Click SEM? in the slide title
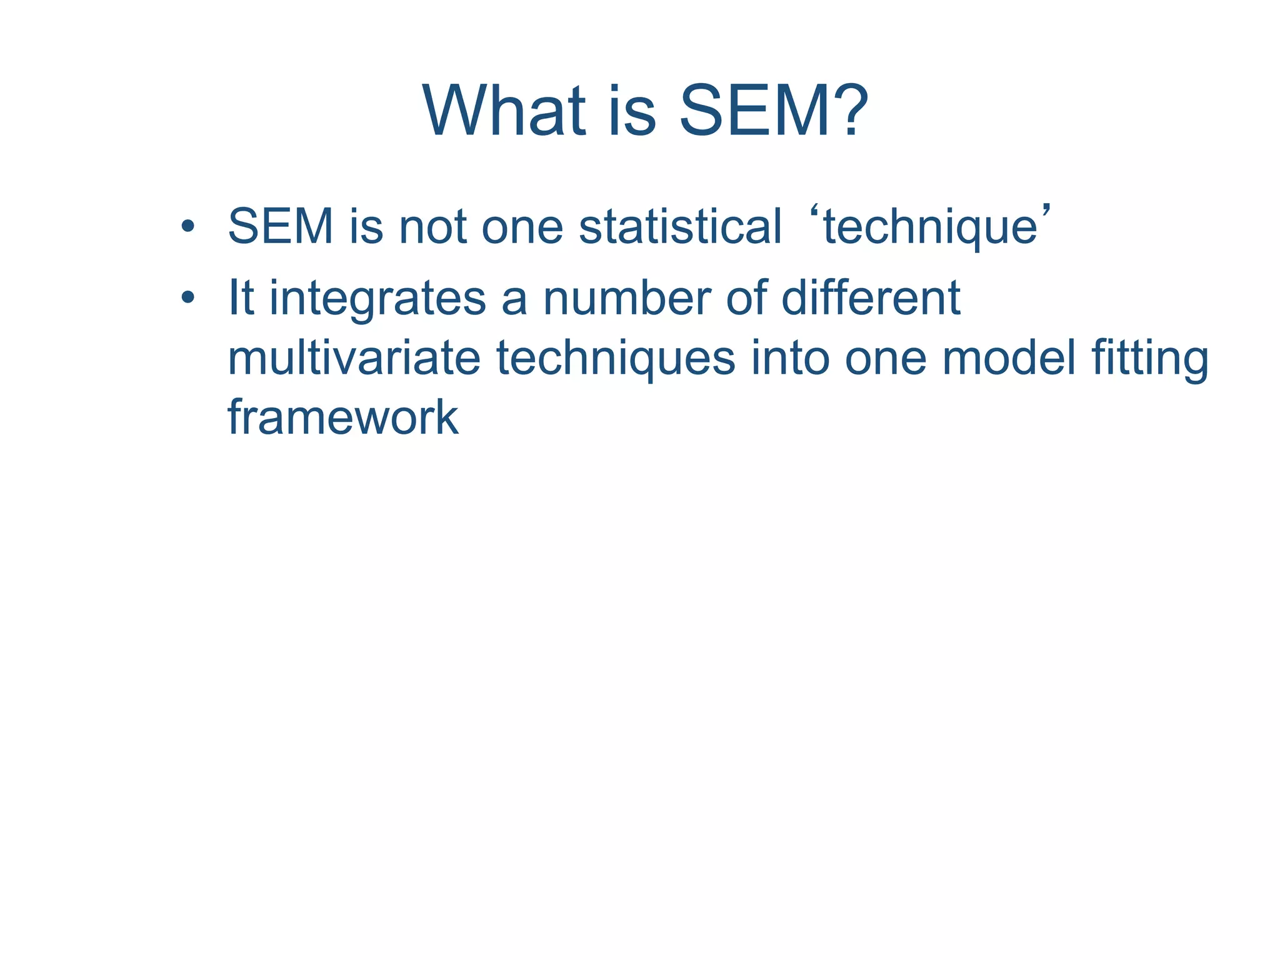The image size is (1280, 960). click(x=773, y=111)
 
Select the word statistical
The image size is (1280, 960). click(x=680, y=226)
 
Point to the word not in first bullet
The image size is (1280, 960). click(x=432, y=226)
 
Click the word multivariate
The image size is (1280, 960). click(x=354, y=358)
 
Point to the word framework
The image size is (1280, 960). click(x=343, y=417)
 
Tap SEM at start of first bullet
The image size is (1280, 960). click(x=281, y=226)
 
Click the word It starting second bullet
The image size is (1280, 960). click(x=241, y=298)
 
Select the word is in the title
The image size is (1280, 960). click(x=632, y=111)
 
